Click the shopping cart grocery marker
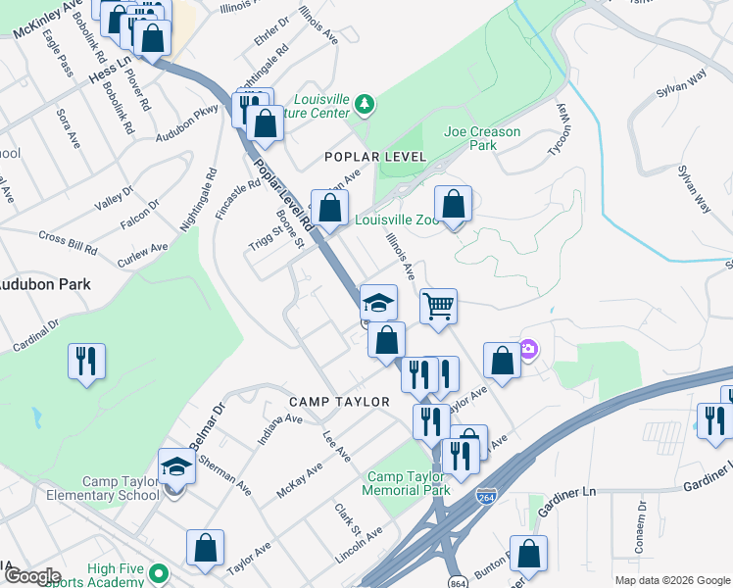click(439, 307)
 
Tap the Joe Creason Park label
click(482, 138)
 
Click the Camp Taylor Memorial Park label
click(406, 482)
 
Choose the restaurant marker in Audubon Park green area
click(86, 362)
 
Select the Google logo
click(31, 576)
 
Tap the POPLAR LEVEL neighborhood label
click(377, 157)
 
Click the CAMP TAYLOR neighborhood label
click(339, 402)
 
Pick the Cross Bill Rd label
click(68, 243)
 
